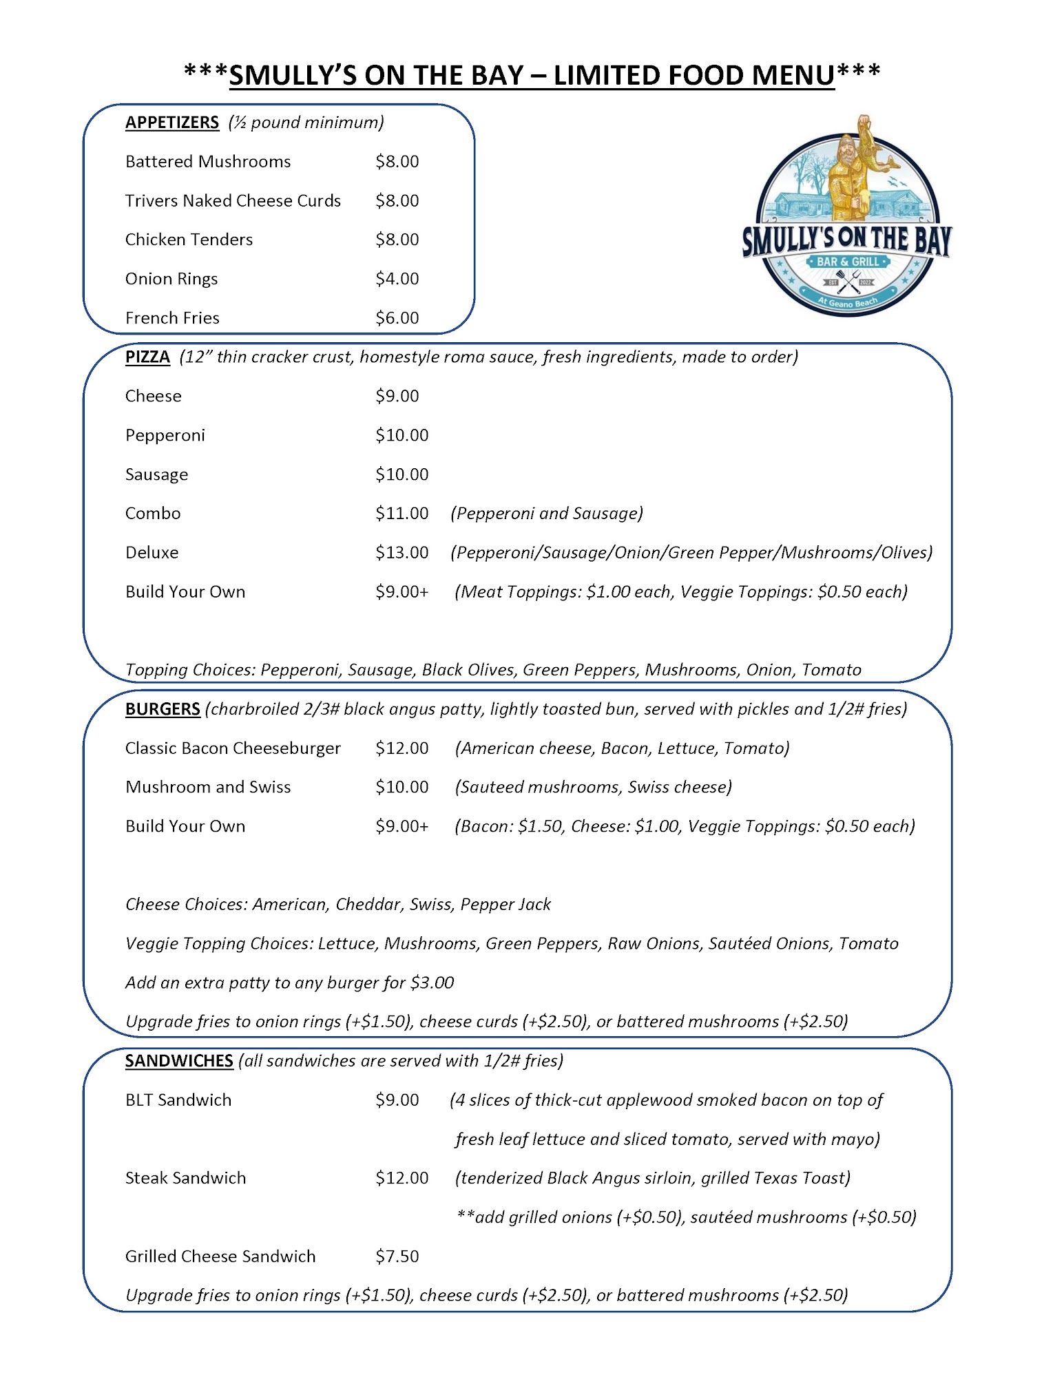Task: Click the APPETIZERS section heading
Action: pyautogui.click(x=171, y=123)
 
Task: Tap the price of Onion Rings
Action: pyautogui.click(x=397, y=279)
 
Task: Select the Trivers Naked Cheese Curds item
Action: pyautogui.click(x=233, y=200)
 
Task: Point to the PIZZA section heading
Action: pyautogui.click(x=147, y=357)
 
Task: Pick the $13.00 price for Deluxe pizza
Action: pyautogui.click(x=401, y=553)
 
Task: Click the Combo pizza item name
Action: pyautogui.click(x=153, y=514)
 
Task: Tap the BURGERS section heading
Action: pyautogui.click(x=163, y=709)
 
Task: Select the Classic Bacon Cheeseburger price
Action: pyautogui.click(x=401, y=748)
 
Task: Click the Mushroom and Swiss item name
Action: pyautogui.click(x=208, y=787)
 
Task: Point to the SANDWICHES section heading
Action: pyautogui.click(x=179, y=1061)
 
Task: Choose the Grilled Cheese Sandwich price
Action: pyautogui.click(x=397, y=1257)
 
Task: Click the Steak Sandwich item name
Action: pyautogui.click(x=185, y=1178)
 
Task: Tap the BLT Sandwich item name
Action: pyautogui.click(x=178, y=1100)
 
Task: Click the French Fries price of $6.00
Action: pyautogui.click(x=397, y=318)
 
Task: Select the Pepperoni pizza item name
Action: pyautogui.click(x=165, y=435)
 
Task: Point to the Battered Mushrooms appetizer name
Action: pyautogui.click(x=208, y=162)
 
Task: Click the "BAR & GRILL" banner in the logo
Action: pyautogui.click(x=848, y=262)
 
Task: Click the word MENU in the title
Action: pyautogui.click(x=793, y=75)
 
